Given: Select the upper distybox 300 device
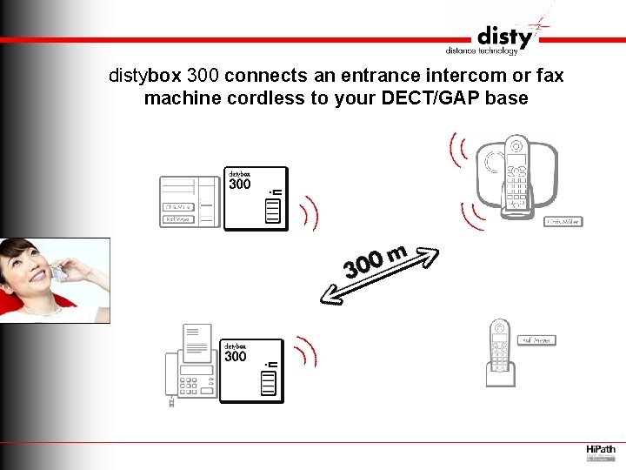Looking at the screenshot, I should pyautogui.click(x=256, y=198).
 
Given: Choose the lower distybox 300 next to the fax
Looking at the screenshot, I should pyautogui.click(x=251, y=371).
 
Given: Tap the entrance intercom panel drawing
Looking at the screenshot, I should pyautogui.click(x=190, y=200).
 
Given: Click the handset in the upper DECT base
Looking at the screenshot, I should pyautogui.click(x=516, y=174).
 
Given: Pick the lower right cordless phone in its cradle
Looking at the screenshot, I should pyautogui.click(x=499, y=352).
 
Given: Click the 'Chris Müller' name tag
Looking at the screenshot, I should pyautogui.click(x=563, y=222).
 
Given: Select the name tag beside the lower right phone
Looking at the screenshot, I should pyautogui.click(x=536, y=340).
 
